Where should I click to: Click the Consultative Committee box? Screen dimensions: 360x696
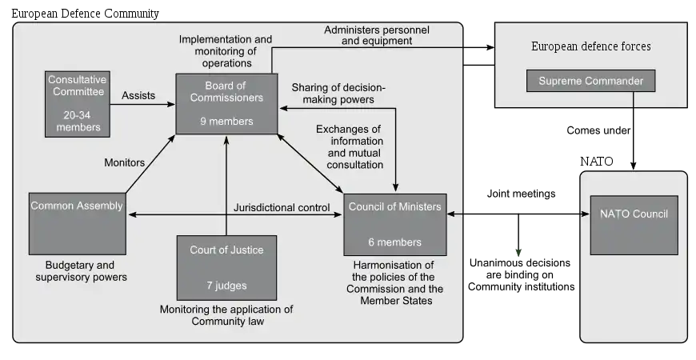tap(78, 103)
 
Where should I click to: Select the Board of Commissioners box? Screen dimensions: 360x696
tap(227, 104)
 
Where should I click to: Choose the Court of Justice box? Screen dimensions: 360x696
tap(226, 267)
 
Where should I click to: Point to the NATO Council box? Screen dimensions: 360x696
tap(634, 225)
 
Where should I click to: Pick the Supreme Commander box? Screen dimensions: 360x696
tap(590, 81)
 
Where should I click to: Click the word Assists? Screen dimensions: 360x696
tap(138, 96)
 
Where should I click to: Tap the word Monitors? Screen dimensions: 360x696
tap(125, 162)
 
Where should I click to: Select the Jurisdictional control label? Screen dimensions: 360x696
tap(282, 208)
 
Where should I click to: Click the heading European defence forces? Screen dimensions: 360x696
tap(591, 46)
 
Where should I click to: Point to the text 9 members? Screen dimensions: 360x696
tap(226, 122)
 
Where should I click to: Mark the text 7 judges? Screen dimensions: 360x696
tap(226, 286)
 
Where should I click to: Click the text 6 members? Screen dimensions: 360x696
tap(394, 242)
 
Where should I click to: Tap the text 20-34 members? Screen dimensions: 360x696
tap(78, 120)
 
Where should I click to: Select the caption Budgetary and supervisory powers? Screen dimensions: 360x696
tap(81, 271)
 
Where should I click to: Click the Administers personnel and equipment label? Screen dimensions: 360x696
tap(376, 35)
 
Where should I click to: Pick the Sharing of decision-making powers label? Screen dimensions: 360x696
tap(338, 94)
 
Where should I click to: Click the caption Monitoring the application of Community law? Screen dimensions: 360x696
tap(226, 316)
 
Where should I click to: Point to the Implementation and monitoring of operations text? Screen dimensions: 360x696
tap(226, 50)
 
